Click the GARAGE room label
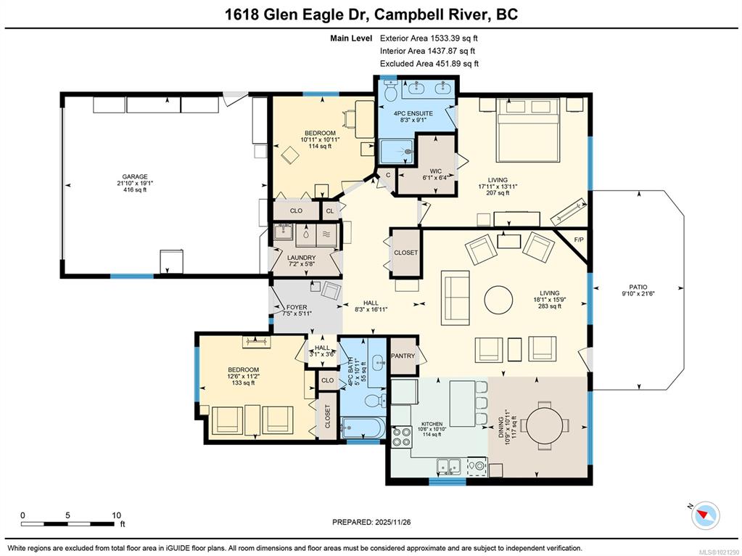(x=135, y=176)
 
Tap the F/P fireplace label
(x=578, y=240)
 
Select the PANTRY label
(x=403, y=356)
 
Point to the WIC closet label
(x=435, y=171)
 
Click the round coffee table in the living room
(x=498, y=299)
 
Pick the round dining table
(x=545, y=424)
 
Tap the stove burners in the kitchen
(x=402, y=437)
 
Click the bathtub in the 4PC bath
(x=362, y=428)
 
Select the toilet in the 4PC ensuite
(x=392, y=91)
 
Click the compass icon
(x=705, y=515)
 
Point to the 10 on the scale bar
(x=116, y=515)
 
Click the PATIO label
(x=638, y=287)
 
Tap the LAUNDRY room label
(x=302, y=258)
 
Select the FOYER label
(x=296, y=307)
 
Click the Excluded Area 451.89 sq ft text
(x=429, y=63)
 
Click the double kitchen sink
(x=448, y=466)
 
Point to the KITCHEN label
(x=432, y=425)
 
